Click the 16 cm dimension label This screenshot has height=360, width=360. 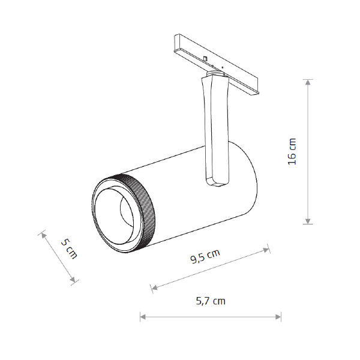(x=292, y=152)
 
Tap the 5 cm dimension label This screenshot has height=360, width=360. (x=69, y=249)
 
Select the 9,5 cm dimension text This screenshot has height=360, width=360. (x=205, y=256)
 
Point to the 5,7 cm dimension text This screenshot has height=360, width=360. (x=211, y=301)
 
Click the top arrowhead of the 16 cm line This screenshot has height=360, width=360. (x=308, y=82)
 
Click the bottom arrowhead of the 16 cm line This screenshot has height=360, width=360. (x=308, y=221)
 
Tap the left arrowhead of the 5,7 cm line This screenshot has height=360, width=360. (x=143, y=317)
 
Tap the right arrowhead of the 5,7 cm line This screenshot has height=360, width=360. (x=278, y=317)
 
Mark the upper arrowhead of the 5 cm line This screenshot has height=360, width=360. (x=43, y=235)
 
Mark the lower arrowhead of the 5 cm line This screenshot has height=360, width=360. (x=73, y=280)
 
